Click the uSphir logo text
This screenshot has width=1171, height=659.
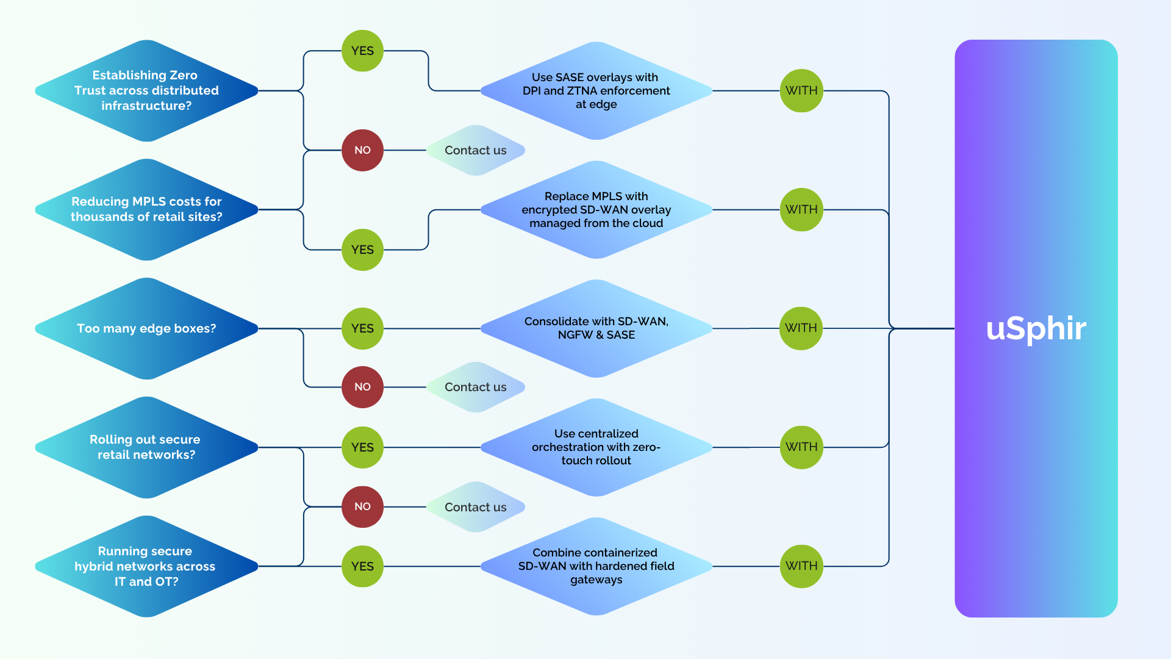(1036, 328)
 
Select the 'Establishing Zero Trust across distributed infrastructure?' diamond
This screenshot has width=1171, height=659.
(146, 91)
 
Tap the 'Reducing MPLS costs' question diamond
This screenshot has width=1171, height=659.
(146, 209)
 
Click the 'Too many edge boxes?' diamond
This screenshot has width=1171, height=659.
(146, 328)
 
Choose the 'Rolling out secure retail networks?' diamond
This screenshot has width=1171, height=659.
(146, 447)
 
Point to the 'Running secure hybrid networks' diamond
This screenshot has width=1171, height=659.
(146, 566)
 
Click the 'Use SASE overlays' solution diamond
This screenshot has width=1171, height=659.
(596, 91)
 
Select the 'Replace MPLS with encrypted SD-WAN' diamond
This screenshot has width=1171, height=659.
(596, 209)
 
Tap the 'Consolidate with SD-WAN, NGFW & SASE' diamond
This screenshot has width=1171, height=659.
(596, 328)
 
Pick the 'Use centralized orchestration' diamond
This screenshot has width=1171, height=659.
(596, 447)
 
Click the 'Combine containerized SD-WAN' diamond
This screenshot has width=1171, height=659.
(596, 566)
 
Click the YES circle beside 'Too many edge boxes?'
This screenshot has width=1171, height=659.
(362, 328)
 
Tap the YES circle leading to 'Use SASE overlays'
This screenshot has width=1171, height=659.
(362, 51)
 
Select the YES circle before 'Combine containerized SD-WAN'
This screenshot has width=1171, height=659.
(362, 566)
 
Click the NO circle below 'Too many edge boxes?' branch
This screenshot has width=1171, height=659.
(362, 387)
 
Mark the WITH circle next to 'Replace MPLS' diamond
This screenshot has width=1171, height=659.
(801, 209)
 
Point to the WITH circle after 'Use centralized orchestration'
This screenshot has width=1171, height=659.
(801, 447)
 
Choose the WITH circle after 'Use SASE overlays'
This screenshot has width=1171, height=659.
(801, 90)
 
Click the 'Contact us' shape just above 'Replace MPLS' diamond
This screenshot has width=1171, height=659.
(476, 150)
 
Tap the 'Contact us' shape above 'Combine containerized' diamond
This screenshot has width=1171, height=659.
(476, 507)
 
